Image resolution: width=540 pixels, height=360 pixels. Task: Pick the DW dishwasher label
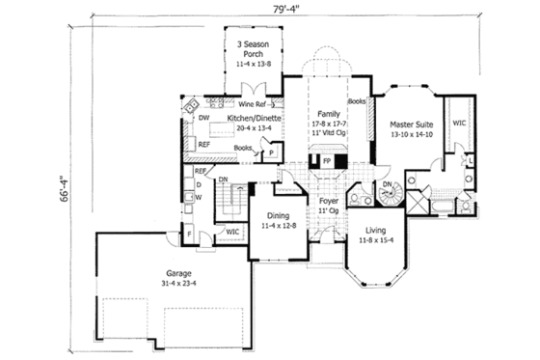204,118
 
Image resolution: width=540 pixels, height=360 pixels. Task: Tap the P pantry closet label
273,152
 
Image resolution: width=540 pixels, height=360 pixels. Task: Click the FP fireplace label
327,159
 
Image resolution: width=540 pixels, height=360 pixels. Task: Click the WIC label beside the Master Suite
459,123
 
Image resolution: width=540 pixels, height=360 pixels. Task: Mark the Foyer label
326,202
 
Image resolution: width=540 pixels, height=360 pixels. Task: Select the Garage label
176,273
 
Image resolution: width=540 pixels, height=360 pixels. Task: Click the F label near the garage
189,233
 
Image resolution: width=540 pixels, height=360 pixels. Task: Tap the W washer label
198,197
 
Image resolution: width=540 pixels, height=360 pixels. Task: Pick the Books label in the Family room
356,100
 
